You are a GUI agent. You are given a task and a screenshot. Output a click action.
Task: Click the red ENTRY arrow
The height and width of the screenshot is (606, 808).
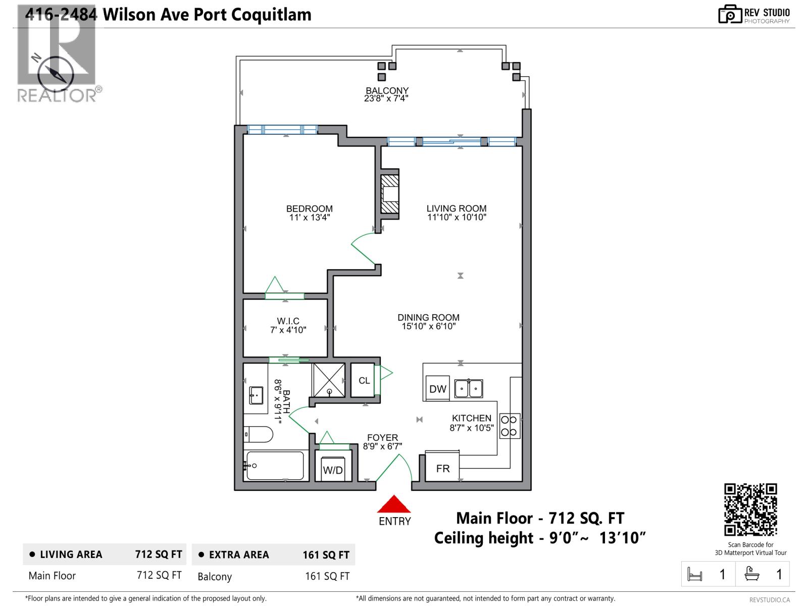[x=394, y=504]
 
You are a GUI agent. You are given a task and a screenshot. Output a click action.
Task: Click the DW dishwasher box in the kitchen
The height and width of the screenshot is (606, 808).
[x=437, y=388]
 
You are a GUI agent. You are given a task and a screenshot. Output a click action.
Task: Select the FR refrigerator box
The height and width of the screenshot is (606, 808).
[x=442, y=468]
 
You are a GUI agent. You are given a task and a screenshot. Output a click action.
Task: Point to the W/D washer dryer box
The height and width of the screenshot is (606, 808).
[x=333, y=469]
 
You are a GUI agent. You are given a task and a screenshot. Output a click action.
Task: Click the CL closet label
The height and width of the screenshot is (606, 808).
[x=364, y=380]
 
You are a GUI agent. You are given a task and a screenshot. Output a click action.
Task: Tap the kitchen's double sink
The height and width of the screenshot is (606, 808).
[x=468, y=388]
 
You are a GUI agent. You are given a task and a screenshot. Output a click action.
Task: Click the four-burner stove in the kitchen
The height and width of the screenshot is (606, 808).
[x=510, y=426]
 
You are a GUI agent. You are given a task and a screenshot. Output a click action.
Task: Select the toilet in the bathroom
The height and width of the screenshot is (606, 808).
[x=259, y=434]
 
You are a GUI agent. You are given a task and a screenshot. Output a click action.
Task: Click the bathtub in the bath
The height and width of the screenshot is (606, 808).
[x=275, y=466]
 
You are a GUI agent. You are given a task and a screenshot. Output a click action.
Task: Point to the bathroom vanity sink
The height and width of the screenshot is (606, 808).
[x=256, y=395]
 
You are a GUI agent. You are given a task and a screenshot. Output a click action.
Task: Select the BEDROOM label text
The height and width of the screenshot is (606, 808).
[x=309, y=209]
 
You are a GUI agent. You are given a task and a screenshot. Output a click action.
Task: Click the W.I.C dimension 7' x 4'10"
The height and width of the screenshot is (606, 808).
[x=288, y=330]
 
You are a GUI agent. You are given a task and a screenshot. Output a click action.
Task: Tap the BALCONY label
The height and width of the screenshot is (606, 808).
[x=387, y=91]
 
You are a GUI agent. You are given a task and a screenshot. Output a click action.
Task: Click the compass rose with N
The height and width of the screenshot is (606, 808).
[x=55, y=74]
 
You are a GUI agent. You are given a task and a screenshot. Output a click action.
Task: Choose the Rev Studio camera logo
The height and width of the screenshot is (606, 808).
[x=729, y=14]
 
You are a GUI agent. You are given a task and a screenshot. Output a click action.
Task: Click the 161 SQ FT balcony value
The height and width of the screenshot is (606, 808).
[x=327, y=576]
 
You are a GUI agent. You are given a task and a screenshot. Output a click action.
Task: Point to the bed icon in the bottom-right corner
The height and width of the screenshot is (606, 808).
[x=695, y=575]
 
